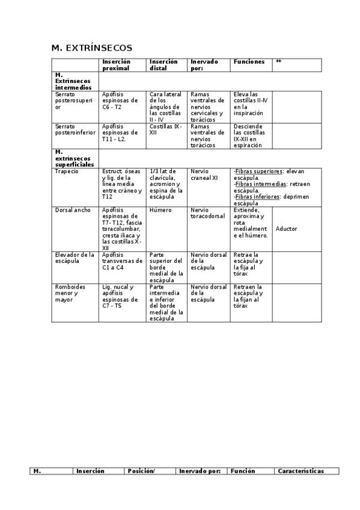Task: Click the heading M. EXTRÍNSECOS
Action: point(92,48)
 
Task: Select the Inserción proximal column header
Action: point(117,65)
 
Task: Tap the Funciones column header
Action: point(249,62)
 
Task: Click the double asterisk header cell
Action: point(278,62)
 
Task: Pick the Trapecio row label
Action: point(66,171)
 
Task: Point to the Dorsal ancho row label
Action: point(72,210)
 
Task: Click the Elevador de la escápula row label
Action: point(75,258)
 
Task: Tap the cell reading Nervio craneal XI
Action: point(204,174)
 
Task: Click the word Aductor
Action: point(287,229)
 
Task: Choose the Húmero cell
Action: point(160,210)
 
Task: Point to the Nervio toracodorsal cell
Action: point(207,214)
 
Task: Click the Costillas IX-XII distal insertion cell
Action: point(165,130)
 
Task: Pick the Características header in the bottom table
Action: point(301,471)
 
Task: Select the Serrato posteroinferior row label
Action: point(75,130)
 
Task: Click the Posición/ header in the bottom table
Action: point(141,471)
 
